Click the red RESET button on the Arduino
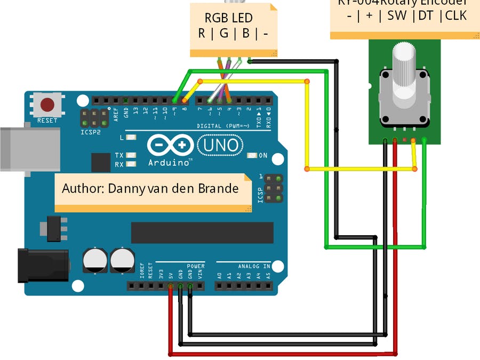tap(47, 104)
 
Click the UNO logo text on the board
tap(220, 145)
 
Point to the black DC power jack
tap(43, 265)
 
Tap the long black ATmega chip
tap(202, 233)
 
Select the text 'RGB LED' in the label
tap(229, 19)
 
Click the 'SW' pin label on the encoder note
tap(397, 15)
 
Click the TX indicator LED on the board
tap(131, 155)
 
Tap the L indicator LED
tap(131, 138)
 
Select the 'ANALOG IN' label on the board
tap(251, 266)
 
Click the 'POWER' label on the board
tap(195, 266)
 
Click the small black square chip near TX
tap(101, 162)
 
